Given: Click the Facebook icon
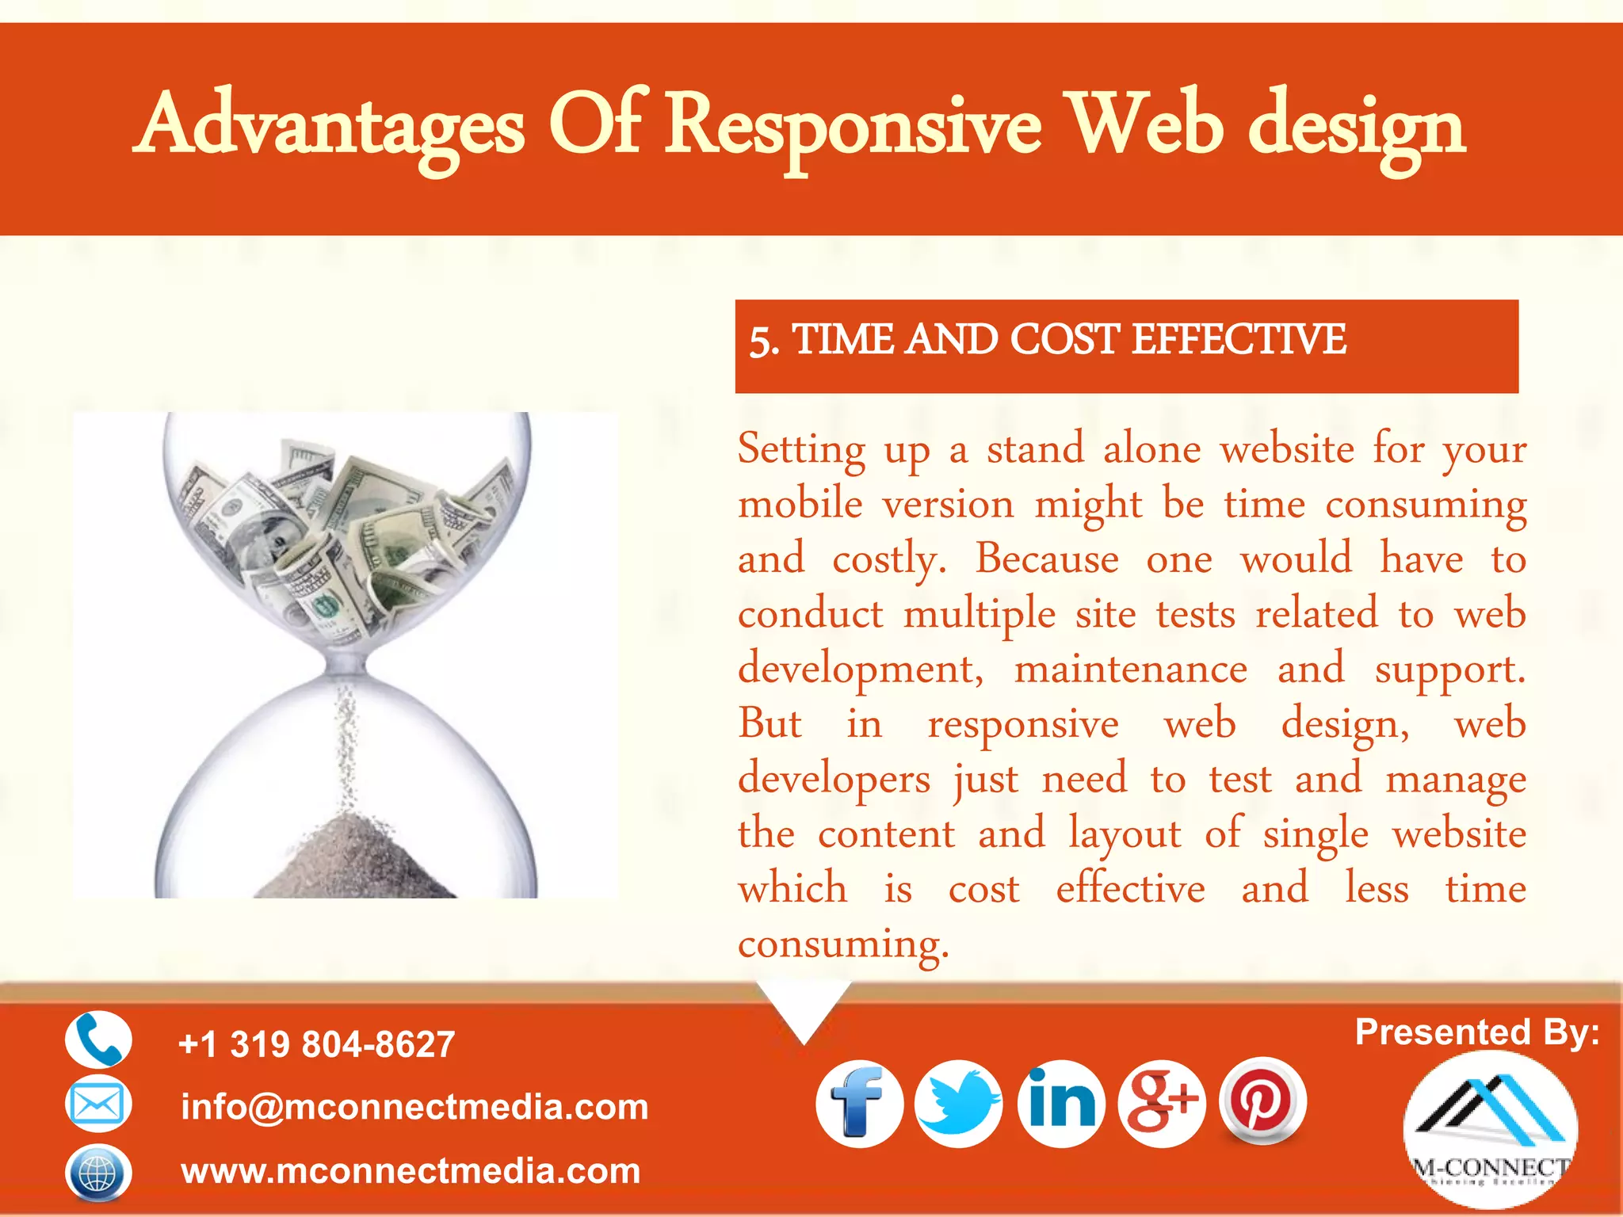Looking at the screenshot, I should [x=859, y=1104].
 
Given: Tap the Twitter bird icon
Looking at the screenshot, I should [x=959, y=1104].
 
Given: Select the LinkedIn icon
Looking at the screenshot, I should [x=1061, y=1104].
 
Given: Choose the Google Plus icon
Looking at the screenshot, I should [x=1162, y=1104].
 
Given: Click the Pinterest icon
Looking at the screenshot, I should [x=1262, y=1101].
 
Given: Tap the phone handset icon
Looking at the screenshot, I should [x=98, y=1040].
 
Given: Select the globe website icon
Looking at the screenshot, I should [x=98, y=1172].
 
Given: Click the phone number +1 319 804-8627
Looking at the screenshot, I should [x=317, y=1044].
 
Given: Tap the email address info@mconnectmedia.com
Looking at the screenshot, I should [x=414, y=1107].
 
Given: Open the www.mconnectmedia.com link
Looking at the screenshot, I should [x=411, y=1171].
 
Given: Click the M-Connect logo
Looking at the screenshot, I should [x=1490, y=1130].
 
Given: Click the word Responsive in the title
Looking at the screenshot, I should [x=853, y=127].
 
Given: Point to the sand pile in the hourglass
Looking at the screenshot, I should [x=349, y=860].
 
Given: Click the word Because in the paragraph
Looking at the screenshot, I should [x=1047, y=559].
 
